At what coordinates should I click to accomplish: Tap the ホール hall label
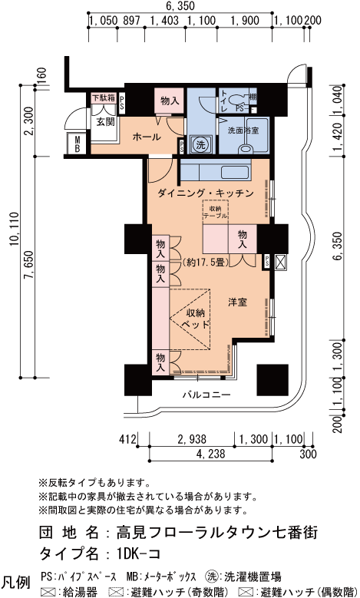click(147, 137)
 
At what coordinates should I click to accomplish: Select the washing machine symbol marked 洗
click(200, 144)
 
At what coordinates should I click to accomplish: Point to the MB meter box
click(78, 144)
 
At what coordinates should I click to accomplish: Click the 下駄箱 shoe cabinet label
click(103, 97)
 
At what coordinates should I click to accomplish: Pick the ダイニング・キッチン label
click(206, 193)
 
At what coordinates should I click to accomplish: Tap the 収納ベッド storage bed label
click(196, 319)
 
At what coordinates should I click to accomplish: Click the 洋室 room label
click(238, 302)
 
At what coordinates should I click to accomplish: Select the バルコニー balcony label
click(206, 395)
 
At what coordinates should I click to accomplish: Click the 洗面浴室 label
click(243, 131)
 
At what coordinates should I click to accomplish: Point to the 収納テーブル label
click(215, 213)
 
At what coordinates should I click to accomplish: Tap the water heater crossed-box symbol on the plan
click(280, 262)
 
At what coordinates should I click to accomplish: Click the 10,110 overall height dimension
click(15, 230)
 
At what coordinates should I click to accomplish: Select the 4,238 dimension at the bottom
click(210, 454)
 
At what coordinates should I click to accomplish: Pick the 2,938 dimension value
click(192, 439)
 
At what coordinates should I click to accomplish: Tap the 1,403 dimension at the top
click(164, 20)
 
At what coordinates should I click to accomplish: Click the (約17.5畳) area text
click(206, 263)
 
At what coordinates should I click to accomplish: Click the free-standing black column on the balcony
click(272, 380)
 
